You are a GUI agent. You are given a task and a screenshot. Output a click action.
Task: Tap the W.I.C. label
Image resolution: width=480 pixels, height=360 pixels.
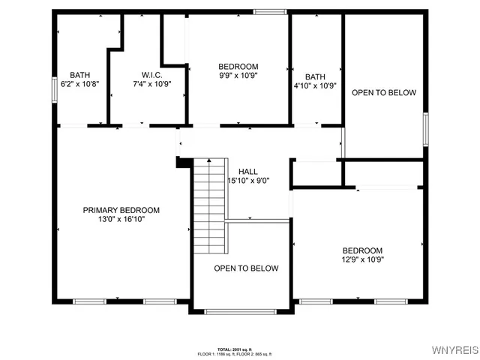click(152, 75)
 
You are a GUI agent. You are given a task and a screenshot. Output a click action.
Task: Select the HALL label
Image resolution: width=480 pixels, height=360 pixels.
click(248, 172)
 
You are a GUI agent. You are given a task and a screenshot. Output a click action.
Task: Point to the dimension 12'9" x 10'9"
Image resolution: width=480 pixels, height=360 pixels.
click(362, 259)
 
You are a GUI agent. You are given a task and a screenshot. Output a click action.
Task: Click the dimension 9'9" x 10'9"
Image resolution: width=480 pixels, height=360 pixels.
click(238, 76)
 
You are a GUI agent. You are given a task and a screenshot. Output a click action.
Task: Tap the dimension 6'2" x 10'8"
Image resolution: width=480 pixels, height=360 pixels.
click(80, 84)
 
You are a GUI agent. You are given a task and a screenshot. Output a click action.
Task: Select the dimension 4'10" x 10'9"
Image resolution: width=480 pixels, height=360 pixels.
click(316, 85)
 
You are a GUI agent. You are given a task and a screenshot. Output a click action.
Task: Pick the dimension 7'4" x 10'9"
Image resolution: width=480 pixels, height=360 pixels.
click(152, 84)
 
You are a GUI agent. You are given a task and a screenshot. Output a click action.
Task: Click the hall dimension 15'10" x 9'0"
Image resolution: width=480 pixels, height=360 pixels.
click(249, 181)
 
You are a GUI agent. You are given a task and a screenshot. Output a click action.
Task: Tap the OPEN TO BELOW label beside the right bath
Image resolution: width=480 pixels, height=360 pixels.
click(384, 93)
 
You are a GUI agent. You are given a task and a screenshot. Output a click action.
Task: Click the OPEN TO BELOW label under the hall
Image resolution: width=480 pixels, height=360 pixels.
click(246, 268)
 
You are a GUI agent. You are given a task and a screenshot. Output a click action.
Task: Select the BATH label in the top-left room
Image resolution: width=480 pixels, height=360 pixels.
click(79, 75)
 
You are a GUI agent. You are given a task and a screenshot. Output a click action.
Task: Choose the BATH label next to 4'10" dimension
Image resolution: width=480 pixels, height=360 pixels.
click(315, 76)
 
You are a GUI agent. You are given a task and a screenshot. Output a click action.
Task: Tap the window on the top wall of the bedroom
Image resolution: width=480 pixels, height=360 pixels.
click(270, 11)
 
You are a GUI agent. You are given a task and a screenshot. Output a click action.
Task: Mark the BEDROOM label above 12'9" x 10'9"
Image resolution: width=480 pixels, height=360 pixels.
click(362, 250)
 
